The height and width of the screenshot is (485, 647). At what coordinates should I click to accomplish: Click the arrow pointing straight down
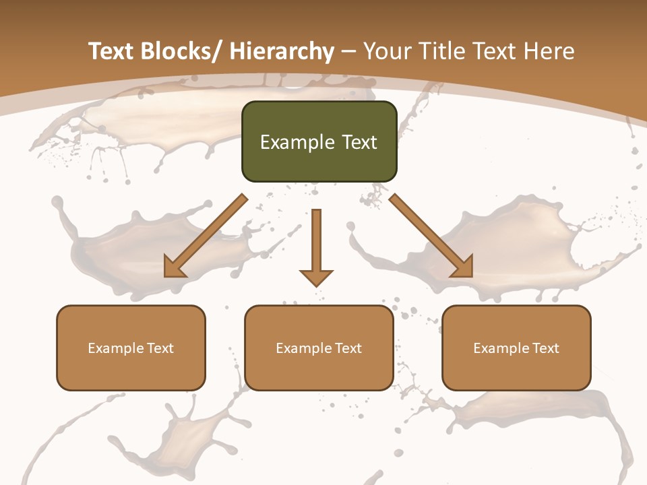click(x=316, y=246)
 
